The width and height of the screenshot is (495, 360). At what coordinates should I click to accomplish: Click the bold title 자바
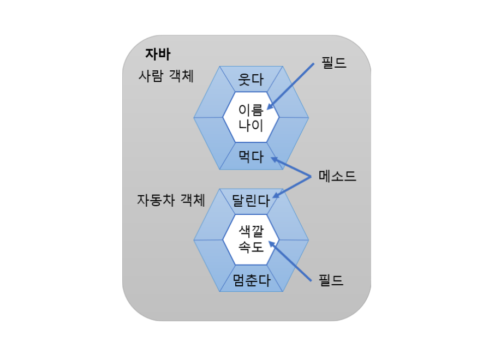tap(158, 54)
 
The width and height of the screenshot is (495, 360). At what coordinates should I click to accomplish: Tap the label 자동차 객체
tap(171, 200)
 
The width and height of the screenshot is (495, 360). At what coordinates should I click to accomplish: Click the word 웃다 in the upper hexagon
tap(251, 81)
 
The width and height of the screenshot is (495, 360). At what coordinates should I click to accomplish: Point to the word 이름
tap(251, 109)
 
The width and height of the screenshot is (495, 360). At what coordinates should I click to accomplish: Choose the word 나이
tap(251, 126)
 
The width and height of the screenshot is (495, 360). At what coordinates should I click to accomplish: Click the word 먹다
tap(251, 157)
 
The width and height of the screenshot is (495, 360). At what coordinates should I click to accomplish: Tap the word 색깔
tap(251, 231)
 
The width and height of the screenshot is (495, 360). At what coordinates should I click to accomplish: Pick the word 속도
tap(251, 247)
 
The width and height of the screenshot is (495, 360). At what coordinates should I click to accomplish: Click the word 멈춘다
tap(251, 280)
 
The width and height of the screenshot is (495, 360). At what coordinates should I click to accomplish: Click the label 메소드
tap(337, 176)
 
